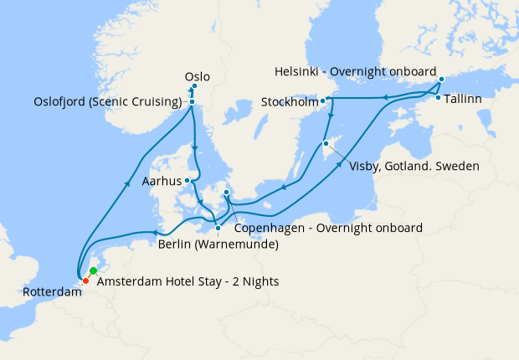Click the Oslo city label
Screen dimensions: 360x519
pyautogui.click(x=197, y=77)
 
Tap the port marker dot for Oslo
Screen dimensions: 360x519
pyautogui.click(x=194, y=86)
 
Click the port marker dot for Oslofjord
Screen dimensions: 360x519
pyautogui.click(x=192, y=102)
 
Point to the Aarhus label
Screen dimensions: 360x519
pyautogui.click(x=162, y=180)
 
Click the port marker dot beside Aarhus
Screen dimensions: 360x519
pyautogui.click(x=190, y=180)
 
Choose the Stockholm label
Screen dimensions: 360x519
pyautogui.click(x=290, y=103)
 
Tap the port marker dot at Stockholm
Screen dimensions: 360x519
pyautogui.click(x=324, y=101)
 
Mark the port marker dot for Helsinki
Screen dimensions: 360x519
pyautogui.click(x=441, y=80)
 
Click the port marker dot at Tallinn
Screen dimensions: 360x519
pyautogui.click(x=438, y=98)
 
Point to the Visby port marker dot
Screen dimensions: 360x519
pyautogui.click(x=326, y=144)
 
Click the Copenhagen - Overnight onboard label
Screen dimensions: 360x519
pyautogui.click(x=327, y=227)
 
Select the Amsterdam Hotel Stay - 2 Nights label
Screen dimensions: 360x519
pyautogui.click(x=188, y=282)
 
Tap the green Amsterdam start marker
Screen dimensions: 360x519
pyautogui.click(x=93, y=271)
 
